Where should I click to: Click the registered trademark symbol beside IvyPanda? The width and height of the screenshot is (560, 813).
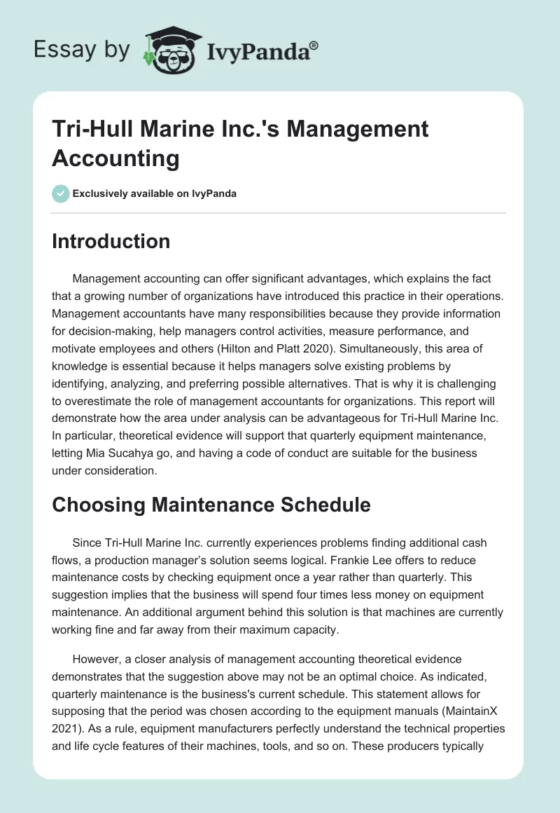tap(314, 45)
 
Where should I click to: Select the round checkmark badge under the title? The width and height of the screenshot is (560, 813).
tap(60, 193)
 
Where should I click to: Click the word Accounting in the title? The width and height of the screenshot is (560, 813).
tap(115, 158)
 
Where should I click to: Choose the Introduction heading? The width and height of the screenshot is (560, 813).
tap(111, 241)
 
